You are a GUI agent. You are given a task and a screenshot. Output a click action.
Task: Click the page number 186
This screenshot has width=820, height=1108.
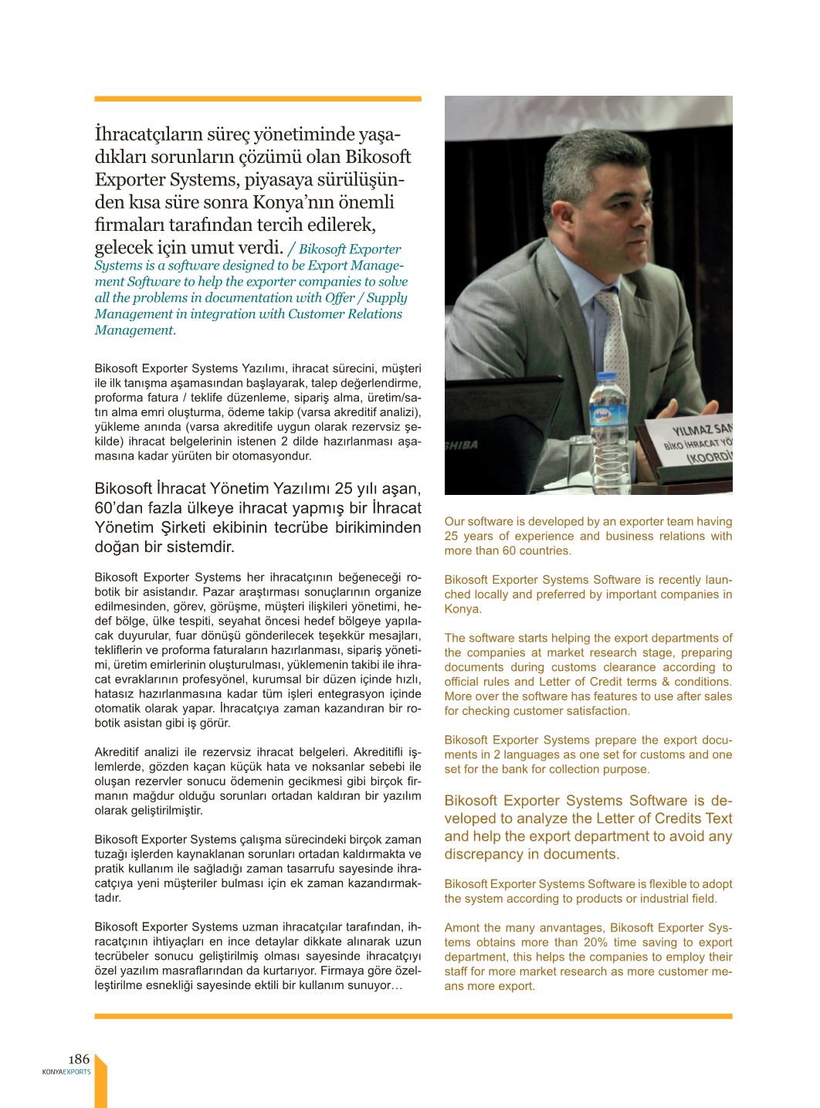click(79, 1059)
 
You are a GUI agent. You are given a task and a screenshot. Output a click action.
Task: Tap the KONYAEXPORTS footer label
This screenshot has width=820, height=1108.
click(66, 1072)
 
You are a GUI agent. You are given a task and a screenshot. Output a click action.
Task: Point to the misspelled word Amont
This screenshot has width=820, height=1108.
click(462, 927)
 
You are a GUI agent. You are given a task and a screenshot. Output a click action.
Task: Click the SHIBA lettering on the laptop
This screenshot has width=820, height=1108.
click(462, 445)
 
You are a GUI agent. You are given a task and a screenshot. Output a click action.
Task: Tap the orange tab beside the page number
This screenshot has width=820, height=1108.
click(100, 1083)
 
